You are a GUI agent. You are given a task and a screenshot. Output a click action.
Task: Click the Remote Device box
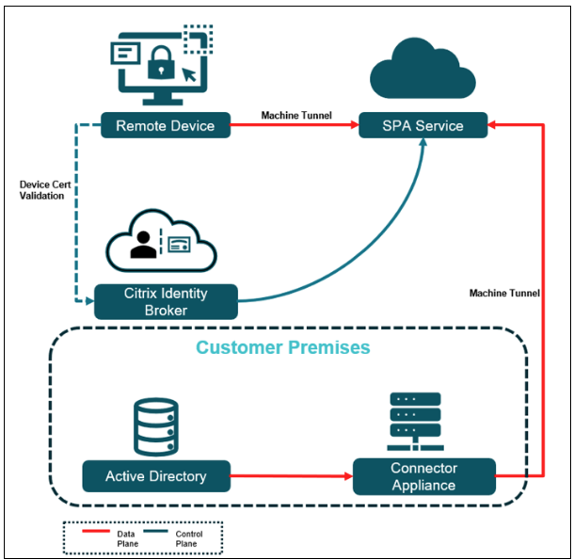click(x=165, y=126)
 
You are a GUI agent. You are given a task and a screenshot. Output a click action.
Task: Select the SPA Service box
click(x=423, y=126)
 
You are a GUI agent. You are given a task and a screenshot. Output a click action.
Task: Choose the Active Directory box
click(x=156, y=476)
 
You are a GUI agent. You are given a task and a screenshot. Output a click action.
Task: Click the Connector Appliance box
click(x=423, y=476)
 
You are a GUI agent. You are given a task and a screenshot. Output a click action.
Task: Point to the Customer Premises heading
click(x=283, y=348)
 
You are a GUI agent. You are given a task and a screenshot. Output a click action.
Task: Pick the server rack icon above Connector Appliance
click(x=415, y=419)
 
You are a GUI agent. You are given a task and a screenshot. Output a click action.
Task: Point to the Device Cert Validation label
click(x=41, y=190)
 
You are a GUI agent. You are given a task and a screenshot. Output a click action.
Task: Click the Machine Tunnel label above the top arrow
click(x=294, y=116)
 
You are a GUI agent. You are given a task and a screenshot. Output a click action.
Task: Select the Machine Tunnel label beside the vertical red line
click(x=504, y=294)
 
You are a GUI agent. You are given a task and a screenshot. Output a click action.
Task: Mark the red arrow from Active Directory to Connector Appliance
click(x=292, y=476)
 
